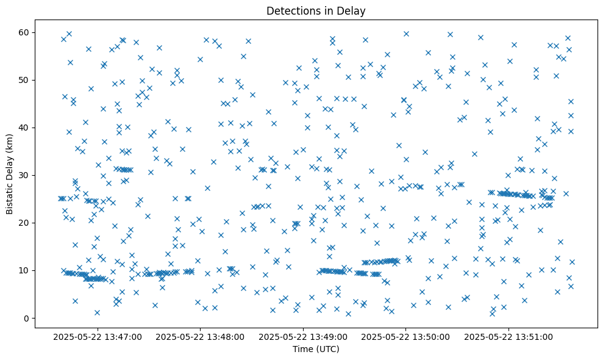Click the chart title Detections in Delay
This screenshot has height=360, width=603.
316,10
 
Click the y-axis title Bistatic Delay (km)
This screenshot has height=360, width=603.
10,175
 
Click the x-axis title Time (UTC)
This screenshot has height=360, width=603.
316,349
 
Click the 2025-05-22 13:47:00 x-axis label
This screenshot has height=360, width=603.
98,336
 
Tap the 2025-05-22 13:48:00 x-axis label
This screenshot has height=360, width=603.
201,336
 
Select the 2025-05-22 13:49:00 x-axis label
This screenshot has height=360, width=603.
303,336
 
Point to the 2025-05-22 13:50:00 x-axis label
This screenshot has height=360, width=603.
406,336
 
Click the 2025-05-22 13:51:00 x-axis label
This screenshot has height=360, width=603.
508,336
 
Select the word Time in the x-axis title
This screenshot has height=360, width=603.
303,349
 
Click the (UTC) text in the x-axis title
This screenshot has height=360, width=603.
327,349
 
